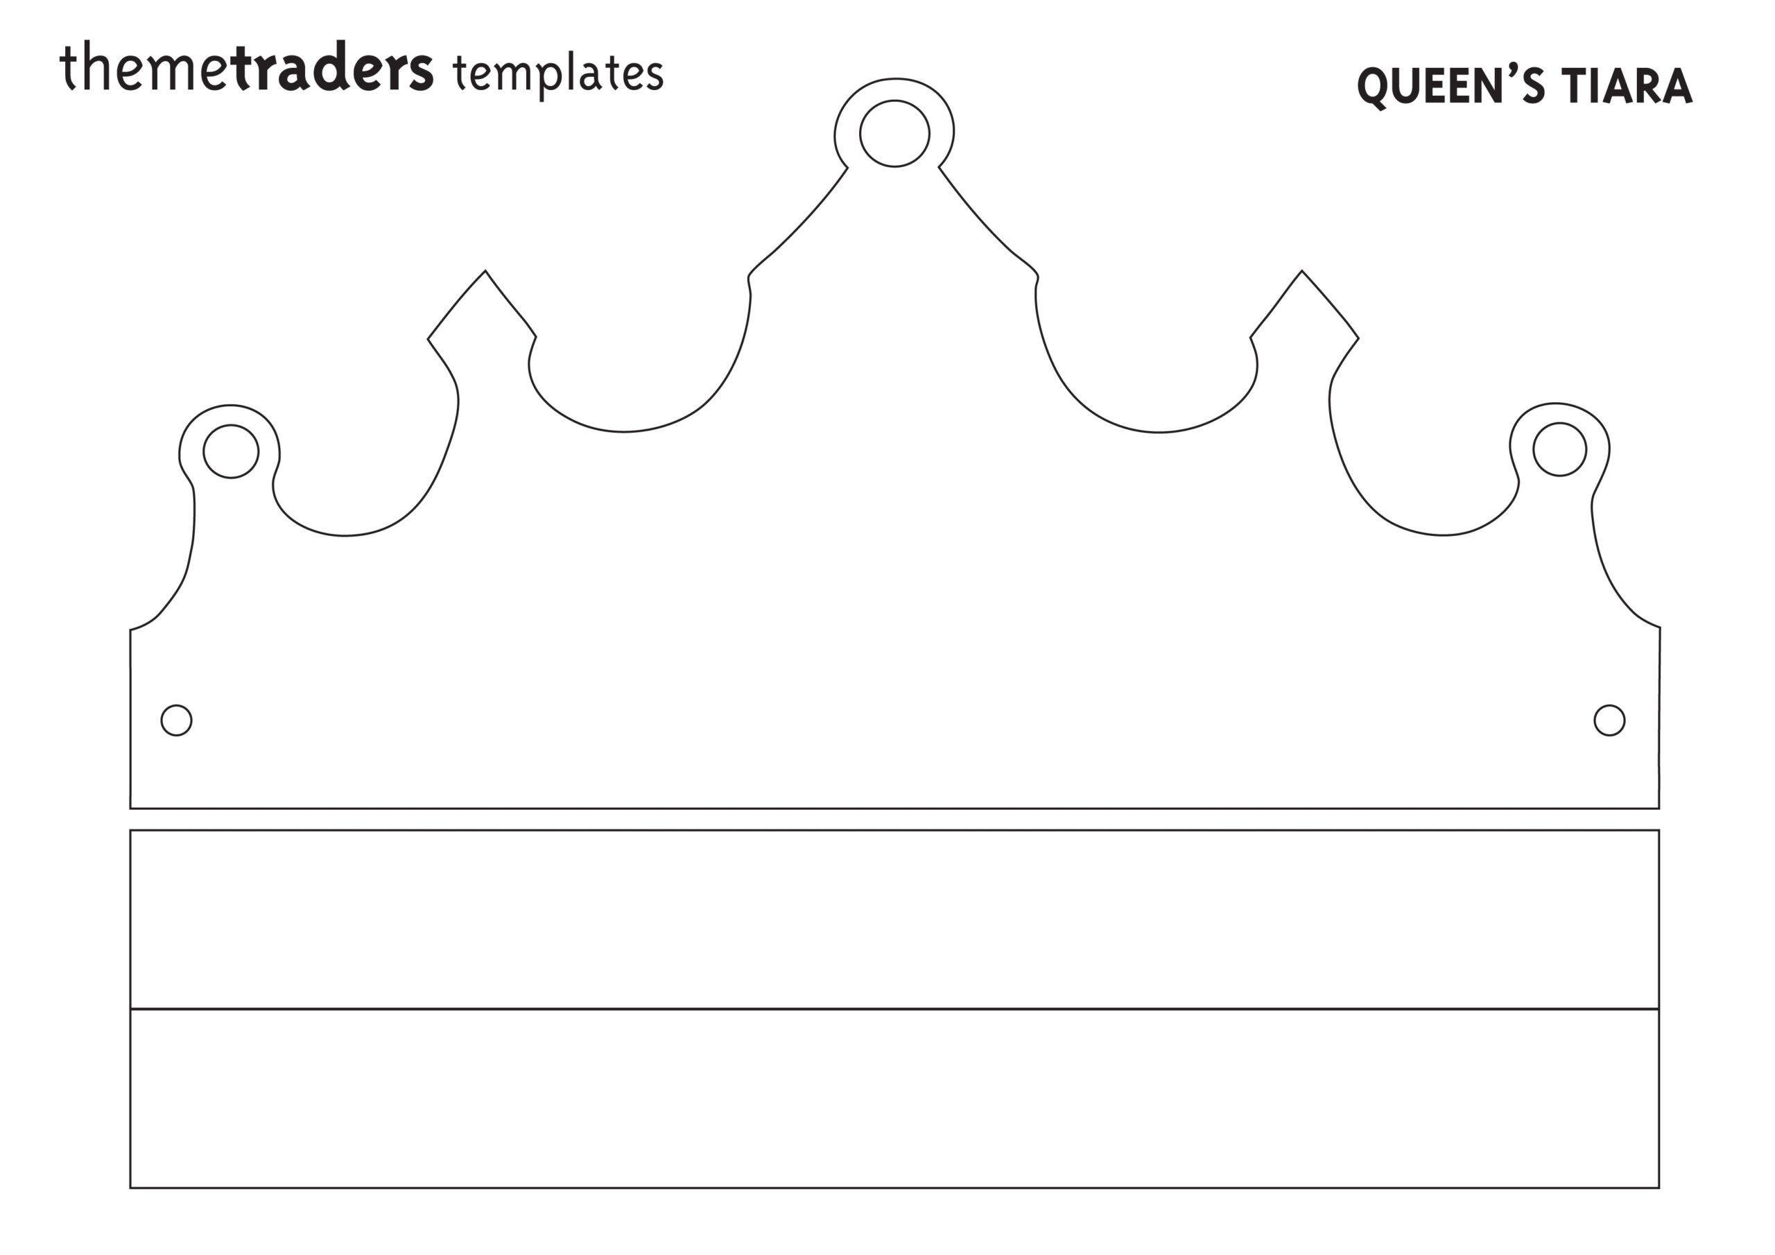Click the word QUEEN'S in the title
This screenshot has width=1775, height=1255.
coord(1451,87)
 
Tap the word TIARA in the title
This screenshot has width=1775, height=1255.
coord(1626,86)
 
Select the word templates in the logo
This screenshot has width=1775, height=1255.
coord(558,73)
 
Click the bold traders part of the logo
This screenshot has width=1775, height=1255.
coord(331,68)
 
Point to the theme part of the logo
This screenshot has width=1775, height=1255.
coord(145,68)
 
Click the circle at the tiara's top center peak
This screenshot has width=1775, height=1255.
coord(894,133)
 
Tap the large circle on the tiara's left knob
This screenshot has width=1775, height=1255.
coord(231,451)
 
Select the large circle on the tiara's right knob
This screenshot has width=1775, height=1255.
coord(1560,449)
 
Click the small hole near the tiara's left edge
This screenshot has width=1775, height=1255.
coord(176,720)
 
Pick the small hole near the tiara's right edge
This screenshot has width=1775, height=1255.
coord(1609,720)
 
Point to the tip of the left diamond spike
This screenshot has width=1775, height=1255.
coord(485,270)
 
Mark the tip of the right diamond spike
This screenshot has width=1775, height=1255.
coord(1302,270)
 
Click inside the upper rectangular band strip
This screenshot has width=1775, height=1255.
coord(894,919)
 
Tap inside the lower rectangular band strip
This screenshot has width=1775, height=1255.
coord(894,1098)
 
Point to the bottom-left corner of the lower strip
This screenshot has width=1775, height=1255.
coord(130,1188)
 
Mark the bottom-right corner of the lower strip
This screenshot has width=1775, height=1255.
coord(1659,1188)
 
